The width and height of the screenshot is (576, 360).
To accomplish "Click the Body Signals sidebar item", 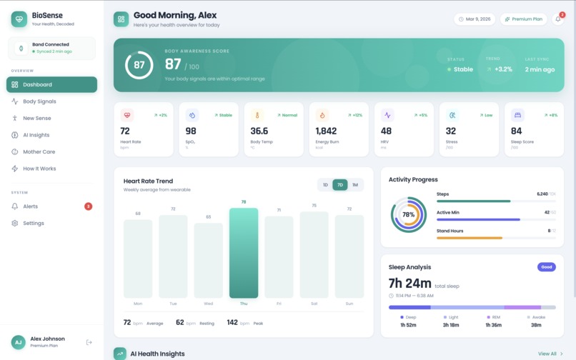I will click(x=39, y=101).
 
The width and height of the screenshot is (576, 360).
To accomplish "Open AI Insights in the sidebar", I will click(x=36, y=135).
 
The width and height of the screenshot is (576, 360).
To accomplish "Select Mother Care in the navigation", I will click(x=39, y=151).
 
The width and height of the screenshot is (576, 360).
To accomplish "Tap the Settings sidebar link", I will click(x=33, y=223).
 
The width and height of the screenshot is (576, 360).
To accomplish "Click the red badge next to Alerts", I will click(x=89, y=206).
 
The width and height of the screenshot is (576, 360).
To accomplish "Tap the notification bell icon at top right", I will click(x=558, y=19).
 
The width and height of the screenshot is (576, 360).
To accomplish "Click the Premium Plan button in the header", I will click(x=524, y=19).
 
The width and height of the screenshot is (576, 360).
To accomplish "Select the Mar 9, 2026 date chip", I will click(x=475, y=19).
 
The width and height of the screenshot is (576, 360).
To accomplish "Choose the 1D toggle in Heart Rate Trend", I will click(x=325, y=185).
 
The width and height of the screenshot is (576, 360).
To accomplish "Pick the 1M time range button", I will click(x=355, y=185).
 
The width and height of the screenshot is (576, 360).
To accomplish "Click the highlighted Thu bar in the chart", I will click(x=244, y=253).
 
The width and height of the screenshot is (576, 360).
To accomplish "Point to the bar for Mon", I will click(x=138, y=258).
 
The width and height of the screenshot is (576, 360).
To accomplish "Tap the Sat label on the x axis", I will click(x=314, y=304).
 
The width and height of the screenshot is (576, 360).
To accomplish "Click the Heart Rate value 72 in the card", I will click(x=125, y=131).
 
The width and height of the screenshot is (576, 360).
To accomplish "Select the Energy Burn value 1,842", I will click(x=326, y=131).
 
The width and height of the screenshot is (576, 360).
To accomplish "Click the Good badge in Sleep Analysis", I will click(x=546, y=267).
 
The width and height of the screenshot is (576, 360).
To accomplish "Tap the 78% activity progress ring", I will click(x=408, y=215).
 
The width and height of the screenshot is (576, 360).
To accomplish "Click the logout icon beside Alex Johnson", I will click(x=89, y=342).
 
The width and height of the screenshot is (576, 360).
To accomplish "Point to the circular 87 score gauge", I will click(x=139, y=65).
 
